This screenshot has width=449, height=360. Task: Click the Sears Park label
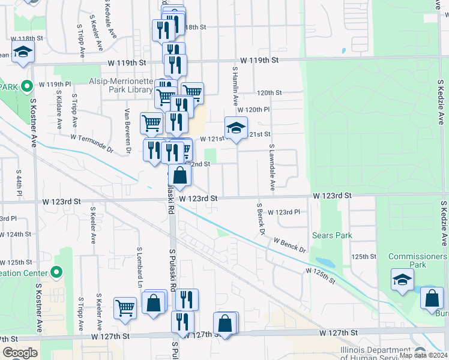[x=332, y=236]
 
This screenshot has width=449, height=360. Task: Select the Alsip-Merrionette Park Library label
[x=121, y=85]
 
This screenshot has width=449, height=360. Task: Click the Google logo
[x=19, y=353]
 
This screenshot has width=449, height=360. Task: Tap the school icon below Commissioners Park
[x=402, y=279]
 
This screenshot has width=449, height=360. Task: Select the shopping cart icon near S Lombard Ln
[x=125, y=308]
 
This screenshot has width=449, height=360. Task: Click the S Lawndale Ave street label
[x=272, y=167]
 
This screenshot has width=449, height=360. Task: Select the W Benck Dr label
[x=290, y=245]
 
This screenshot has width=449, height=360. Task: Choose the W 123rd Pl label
[x=283, y=212]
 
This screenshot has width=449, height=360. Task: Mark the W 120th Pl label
[x=253, y=110]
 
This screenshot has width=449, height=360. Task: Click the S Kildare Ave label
[x=59, y=110]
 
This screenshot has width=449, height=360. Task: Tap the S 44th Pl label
[x=19, y=185]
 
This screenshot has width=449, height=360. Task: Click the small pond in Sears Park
[x=324, y=262]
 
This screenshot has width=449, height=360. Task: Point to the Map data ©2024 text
[x=423, y=355]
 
